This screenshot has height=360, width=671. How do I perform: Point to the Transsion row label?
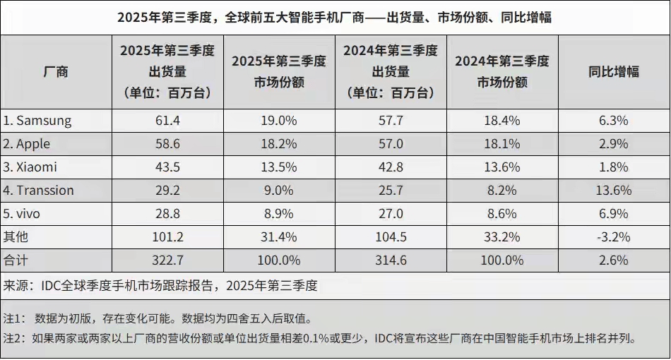(38, 191)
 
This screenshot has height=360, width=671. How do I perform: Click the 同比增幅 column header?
(613, 72)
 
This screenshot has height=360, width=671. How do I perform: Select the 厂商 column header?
(56, 72)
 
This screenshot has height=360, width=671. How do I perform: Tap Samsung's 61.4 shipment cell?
(167, 121)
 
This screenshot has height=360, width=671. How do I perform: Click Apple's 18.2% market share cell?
(278, 144)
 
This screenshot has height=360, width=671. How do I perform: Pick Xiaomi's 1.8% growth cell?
(613, 167)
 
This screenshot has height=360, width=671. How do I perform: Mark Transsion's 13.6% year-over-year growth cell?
(613, 191)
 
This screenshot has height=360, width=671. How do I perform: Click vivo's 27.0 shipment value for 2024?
(390, 214)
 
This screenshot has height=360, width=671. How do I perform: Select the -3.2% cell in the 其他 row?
(613, 237)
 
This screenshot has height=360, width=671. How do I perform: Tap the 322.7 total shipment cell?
(167, 260)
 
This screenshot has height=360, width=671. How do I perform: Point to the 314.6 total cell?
(390, 260)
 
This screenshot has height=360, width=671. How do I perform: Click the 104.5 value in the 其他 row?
(390, 237)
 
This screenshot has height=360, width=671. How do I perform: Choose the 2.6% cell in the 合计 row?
(613, 260)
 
